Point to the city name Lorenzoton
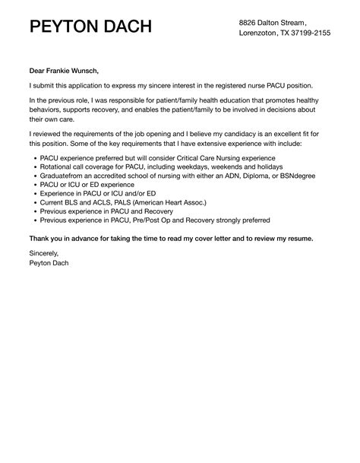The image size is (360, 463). click(260, 33)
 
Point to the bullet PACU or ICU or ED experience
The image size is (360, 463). click(86, 185)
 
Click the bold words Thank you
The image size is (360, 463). click(46, 238)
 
